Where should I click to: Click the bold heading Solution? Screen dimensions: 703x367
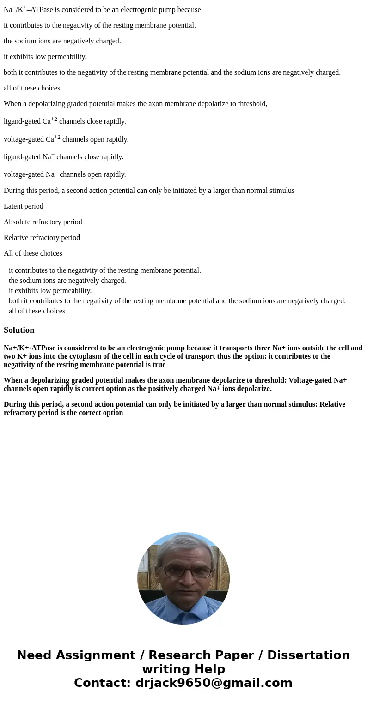tap(19, 330)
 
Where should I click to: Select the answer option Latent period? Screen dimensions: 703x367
tap(24, 206)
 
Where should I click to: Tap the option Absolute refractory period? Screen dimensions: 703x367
tap(43, 222)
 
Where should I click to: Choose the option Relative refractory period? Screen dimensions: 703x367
tap(42, 238)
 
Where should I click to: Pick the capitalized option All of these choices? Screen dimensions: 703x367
tap(33, 253)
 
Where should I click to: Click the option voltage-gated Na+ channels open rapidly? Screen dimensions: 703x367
tap(65, 174)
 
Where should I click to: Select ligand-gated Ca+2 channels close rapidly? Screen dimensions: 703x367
tap(65, 121)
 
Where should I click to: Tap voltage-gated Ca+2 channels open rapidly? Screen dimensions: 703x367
tap(66, 139)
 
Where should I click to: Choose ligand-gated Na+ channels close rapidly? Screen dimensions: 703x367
tap(63, 157)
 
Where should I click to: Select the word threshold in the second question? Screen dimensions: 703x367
tap(251, 104)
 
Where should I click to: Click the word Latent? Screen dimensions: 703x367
tap(13, 206)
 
